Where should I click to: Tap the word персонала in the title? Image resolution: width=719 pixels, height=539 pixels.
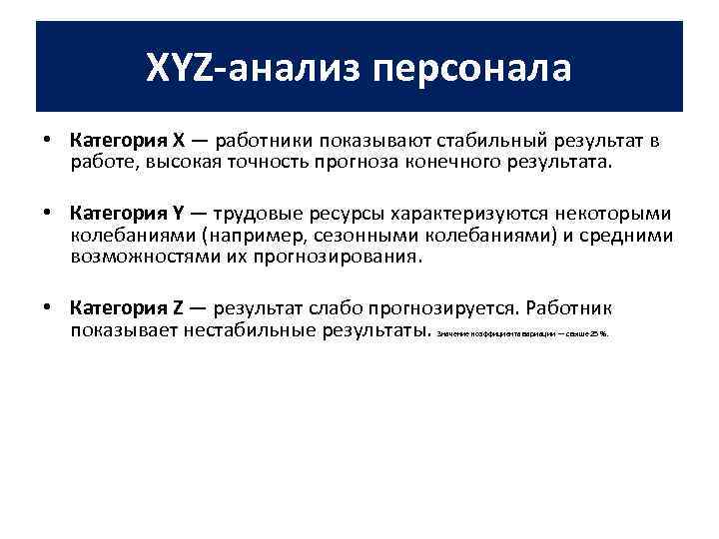tap(472, 68)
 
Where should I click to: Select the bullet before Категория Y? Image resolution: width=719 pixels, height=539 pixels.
tap(48, 215)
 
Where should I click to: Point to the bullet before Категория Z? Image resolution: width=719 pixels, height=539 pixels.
tap(48, 307)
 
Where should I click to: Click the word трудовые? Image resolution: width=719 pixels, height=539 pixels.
tap(254, 215)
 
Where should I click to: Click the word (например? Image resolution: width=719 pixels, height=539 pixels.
tap(247, 236)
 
